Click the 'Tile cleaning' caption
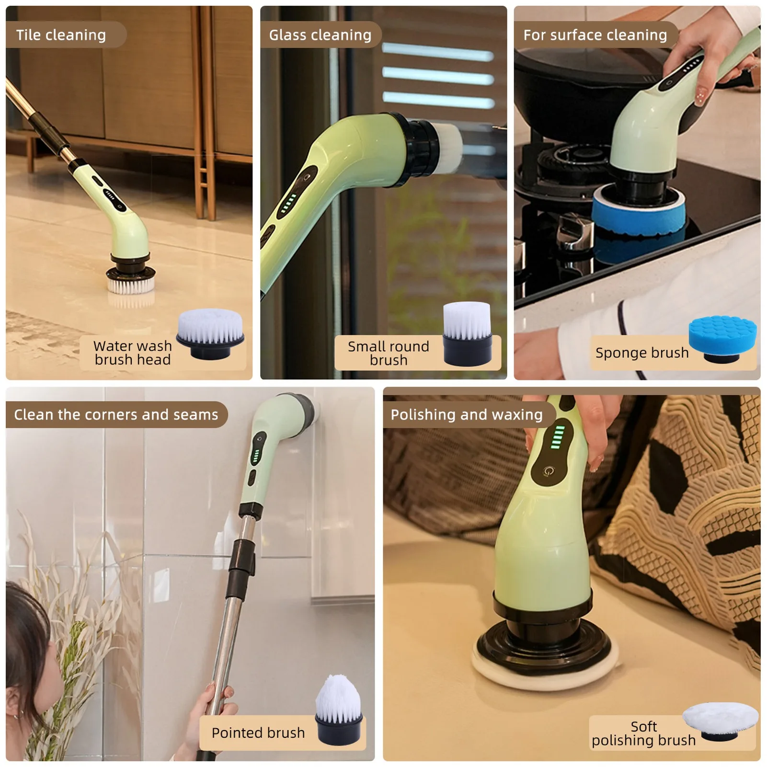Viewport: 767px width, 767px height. click(x=61, y=35)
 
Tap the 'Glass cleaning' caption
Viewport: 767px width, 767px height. click(x=320, y=35)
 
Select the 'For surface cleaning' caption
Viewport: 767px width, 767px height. click(x=595, y=35)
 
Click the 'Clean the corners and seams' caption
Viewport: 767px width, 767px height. click(x=116, y=414)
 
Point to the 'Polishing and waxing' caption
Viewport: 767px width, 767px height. click(x=467, y=414)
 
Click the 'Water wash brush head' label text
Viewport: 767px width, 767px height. click(x=133, y=353)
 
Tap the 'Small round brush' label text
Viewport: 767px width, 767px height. click(x=389, y=353)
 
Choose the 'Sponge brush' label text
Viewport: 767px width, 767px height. click(x=642, y=353)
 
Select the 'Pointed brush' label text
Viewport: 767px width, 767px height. click(x=258, y=733)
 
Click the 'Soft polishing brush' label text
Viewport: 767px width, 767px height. click(x=643, y=733)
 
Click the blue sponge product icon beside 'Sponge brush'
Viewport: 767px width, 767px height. click(x=723, y=339)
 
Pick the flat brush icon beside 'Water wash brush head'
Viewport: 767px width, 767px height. click(x=210, y=333)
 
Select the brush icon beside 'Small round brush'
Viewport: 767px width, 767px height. click(x=468, y=334)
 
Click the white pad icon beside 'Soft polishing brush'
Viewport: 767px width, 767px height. click(x=720, y=721)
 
